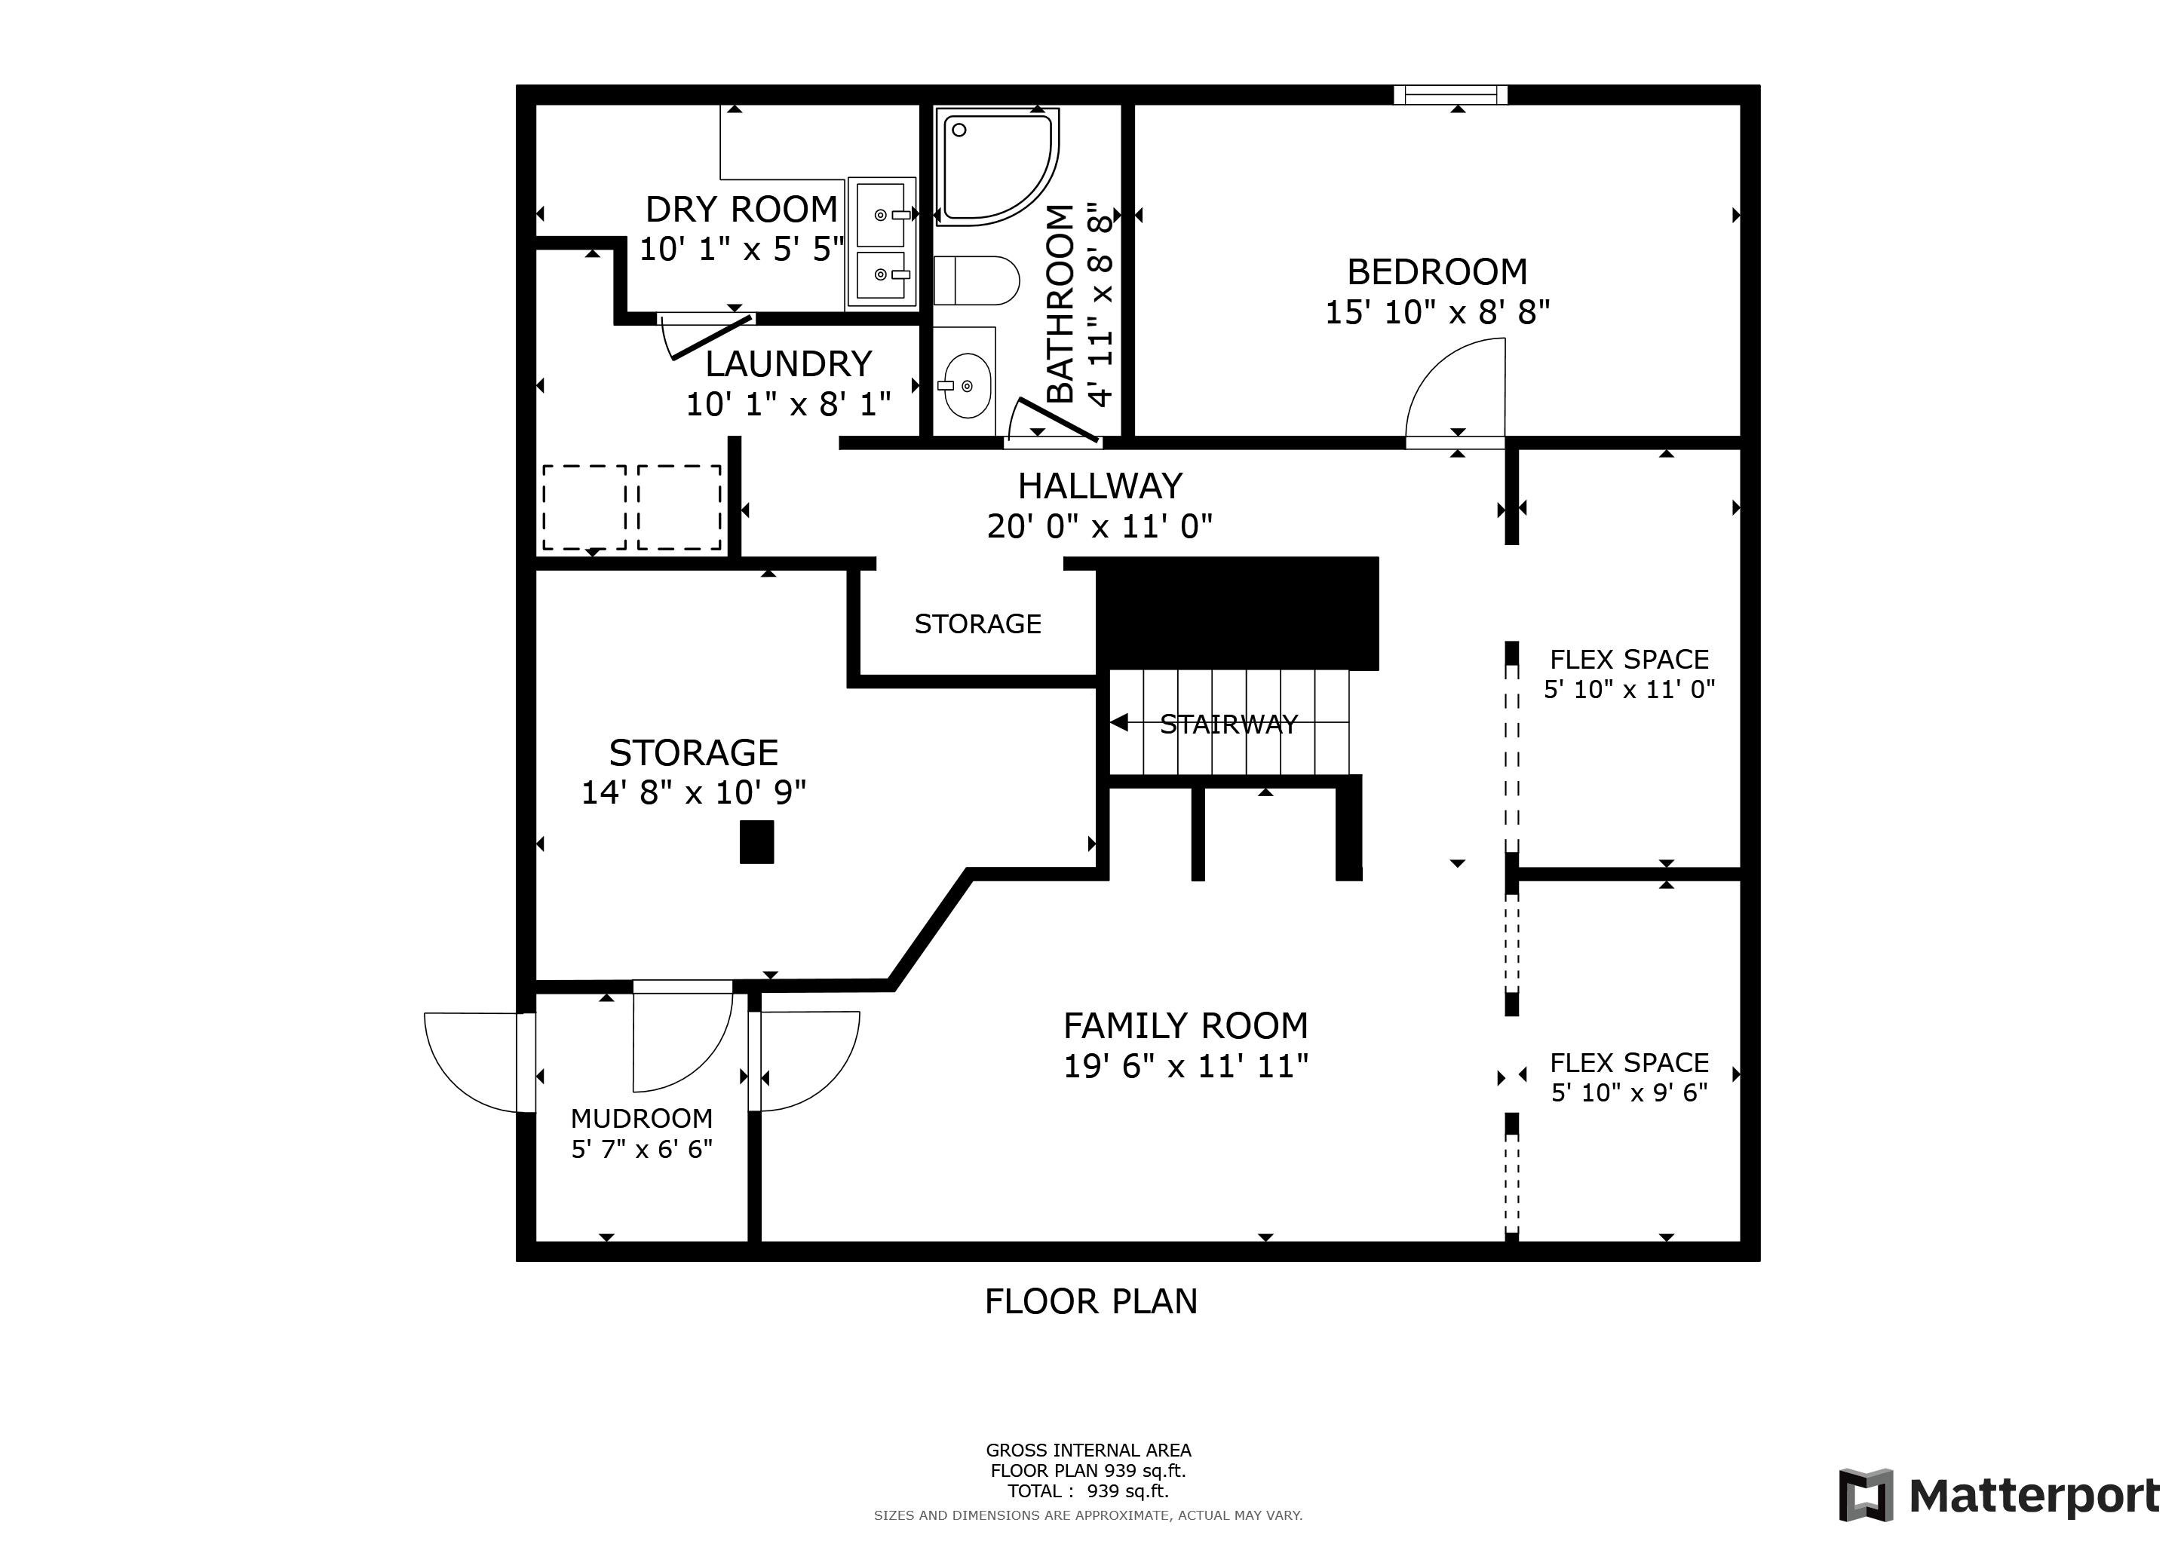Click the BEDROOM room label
1437,272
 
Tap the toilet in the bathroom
976,280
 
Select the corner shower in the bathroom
998,167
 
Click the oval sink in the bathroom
965,385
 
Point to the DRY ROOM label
742,209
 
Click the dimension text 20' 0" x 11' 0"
1100,525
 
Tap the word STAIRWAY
1229,725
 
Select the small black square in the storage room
757,842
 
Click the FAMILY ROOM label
1186,1026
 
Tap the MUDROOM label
642,1118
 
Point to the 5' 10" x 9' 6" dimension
1630,1092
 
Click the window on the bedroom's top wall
1451,94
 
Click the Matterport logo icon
1865,1496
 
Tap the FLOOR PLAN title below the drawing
1091,1301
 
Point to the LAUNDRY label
789,364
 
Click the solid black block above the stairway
1238,613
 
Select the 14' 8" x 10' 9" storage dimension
694,792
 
